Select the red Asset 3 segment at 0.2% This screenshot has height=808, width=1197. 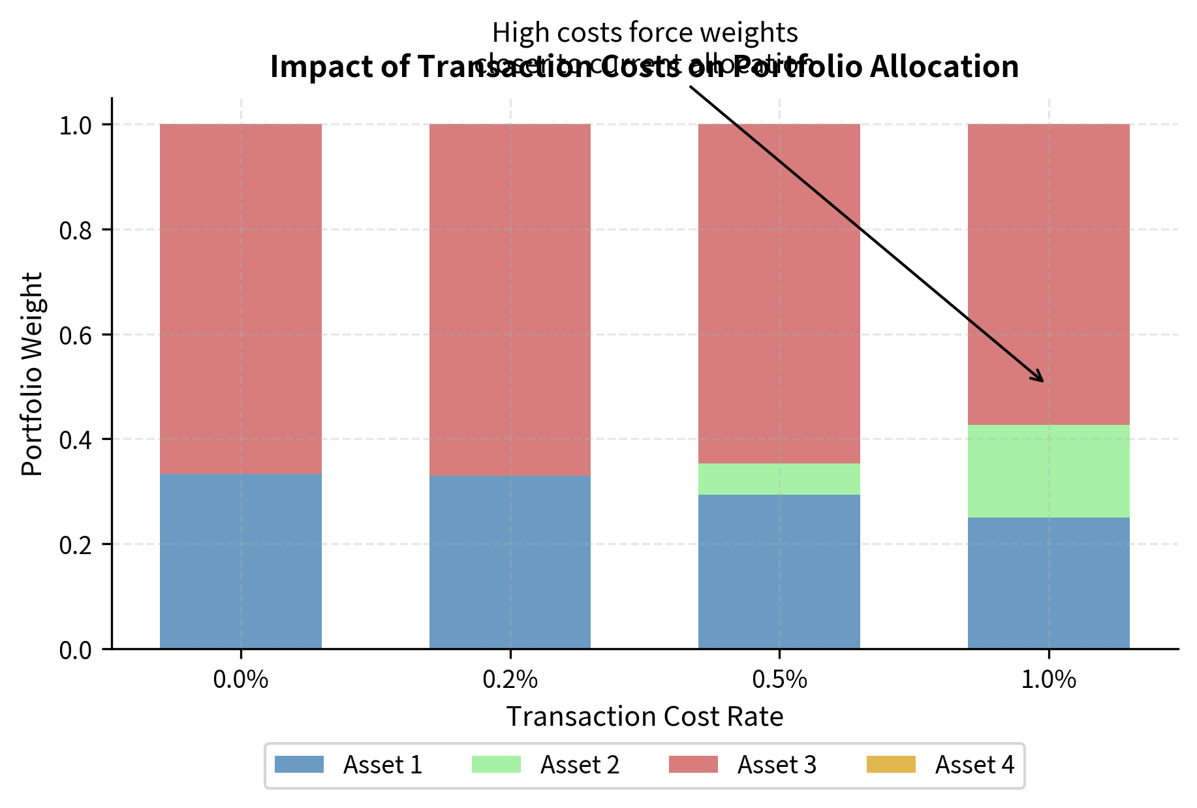point(510,300)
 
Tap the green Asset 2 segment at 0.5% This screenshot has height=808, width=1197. point(779,478)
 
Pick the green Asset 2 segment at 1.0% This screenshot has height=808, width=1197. point(1048,471)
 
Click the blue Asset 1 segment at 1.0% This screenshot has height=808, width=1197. point(1048,582)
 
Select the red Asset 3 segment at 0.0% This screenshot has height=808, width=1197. point(241,298)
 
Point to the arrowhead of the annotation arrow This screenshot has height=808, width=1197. point(1042,381)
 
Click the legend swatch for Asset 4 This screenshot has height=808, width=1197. point(891,764)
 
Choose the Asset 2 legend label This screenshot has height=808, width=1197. point(580,765)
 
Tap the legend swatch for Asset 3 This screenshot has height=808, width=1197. point(693,764)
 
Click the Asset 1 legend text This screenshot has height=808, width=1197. point(382,765)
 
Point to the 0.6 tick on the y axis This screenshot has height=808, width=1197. point(76,335)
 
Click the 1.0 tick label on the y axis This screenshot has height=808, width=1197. point(76,125)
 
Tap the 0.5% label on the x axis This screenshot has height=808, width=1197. point(779,680)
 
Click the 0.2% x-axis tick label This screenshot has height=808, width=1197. point(510,680)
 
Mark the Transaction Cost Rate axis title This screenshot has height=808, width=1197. point(645,717)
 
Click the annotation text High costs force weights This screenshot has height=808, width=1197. point(645,33)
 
